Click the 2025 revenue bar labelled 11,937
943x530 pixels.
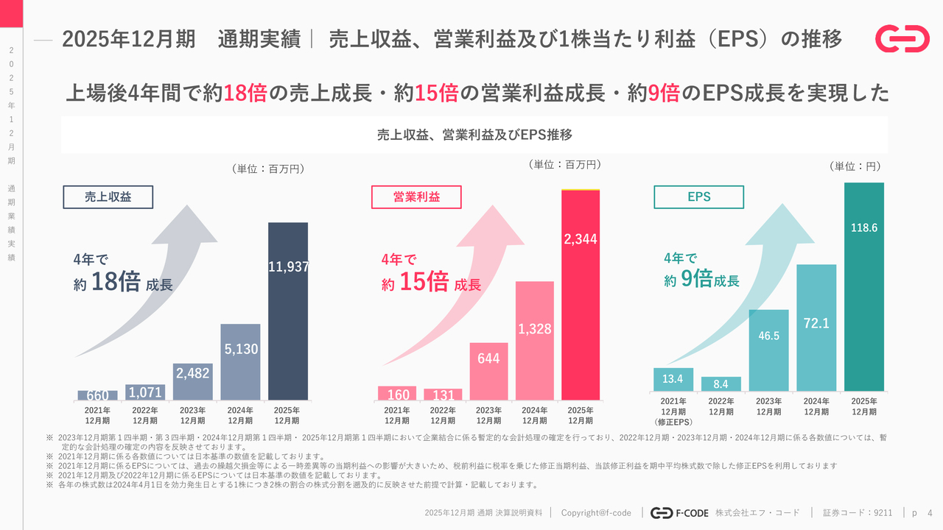[x=287, y=311]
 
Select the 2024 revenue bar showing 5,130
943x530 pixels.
[x=240, y=361]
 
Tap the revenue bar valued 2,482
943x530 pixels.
[x=192, y=381]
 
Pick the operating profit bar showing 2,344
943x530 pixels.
[x=581, y=294]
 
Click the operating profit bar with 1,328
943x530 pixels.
[x=534, y=340]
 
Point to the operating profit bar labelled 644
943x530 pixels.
[x=488, y=371]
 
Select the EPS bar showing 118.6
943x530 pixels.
[x=863, y=286]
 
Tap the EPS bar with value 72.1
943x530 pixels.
[x=816, y=327]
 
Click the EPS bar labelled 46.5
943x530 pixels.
[x=768, y=350]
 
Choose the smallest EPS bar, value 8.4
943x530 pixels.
[x=721, y=384]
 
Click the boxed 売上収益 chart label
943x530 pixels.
[x=108, y=197]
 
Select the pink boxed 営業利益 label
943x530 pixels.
[x=416, y=197]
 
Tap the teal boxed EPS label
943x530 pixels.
[x=698, y=197]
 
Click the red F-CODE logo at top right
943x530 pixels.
[x=902, y=38]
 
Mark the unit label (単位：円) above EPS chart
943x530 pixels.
[x=855, y=166]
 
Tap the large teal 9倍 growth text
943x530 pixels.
[x=696, y=278]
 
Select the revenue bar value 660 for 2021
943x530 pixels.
[x=97, y=395]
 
